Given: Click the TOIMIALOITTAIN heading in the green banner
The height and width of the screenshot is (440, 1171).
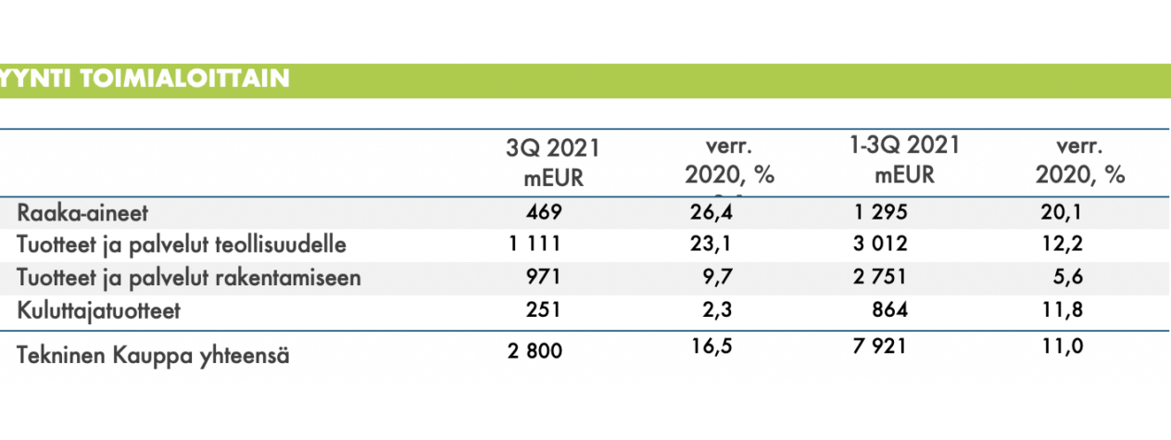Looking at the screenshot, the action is coord(184,79).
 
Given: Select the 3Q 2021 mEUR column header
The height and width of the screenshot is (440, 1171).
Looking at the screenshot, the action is coord(553,162).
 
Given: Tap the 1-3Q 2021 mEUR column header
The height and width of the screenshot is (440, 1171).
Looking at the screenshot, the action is coord(905,159).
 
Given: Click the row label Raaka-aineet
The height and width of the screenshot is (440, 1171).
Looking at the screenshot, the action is coord(82,213).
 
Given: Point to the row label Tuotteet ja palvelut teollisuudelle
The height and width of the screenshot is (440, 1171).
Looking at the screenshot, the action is coord(182,245).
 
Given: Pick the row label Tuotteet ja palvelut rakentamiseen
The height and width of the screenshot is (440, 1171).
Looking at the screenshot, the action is coord(189,278).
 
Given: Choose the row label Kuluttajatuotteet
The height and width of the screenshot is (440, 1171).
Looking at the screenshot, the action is coord(98,311).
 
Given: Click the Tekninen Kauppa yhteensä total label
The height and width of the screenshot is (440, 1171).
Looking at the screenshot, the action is coord(153,356).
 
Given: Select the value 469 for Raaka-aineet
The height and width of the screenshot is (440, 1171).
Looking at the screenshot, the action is coord(544,212).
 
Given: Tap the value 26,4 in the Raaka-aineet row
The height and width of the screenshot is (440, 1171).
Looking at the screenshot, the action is coord(711,212).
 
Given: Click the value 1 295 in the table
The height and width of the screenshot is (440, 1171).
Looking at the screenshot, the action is coord(880,212).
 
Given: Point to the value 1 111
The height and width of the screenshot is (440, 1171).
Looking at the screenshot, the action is coord(535,244).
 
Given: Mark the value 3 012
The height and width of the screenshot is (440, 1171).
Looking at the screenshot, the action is coord(880,244).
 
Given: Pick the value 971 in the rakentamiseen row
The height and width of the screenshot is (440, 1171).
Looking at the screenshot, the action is coord(543,276).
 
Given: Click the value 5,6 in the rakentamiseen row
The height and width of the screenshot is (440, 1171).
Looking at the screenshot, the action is coord(1067,276).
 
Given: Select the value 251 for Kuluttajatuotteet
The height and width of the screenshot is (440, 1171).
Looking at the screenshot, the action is coord(543,309).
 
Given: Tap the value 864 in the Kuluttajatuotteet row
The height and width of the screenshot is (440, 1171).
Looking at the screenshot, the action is coord(889,309).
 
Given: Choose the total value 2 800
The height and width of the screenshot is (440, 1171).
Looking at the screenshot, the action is coord(535,351).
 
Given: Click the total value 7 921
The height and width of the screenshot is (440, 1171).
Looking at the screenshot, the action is coord(879,346).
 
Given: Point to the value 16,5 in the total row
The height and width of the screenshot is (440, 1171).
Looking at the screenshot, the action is coord(711,346).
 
